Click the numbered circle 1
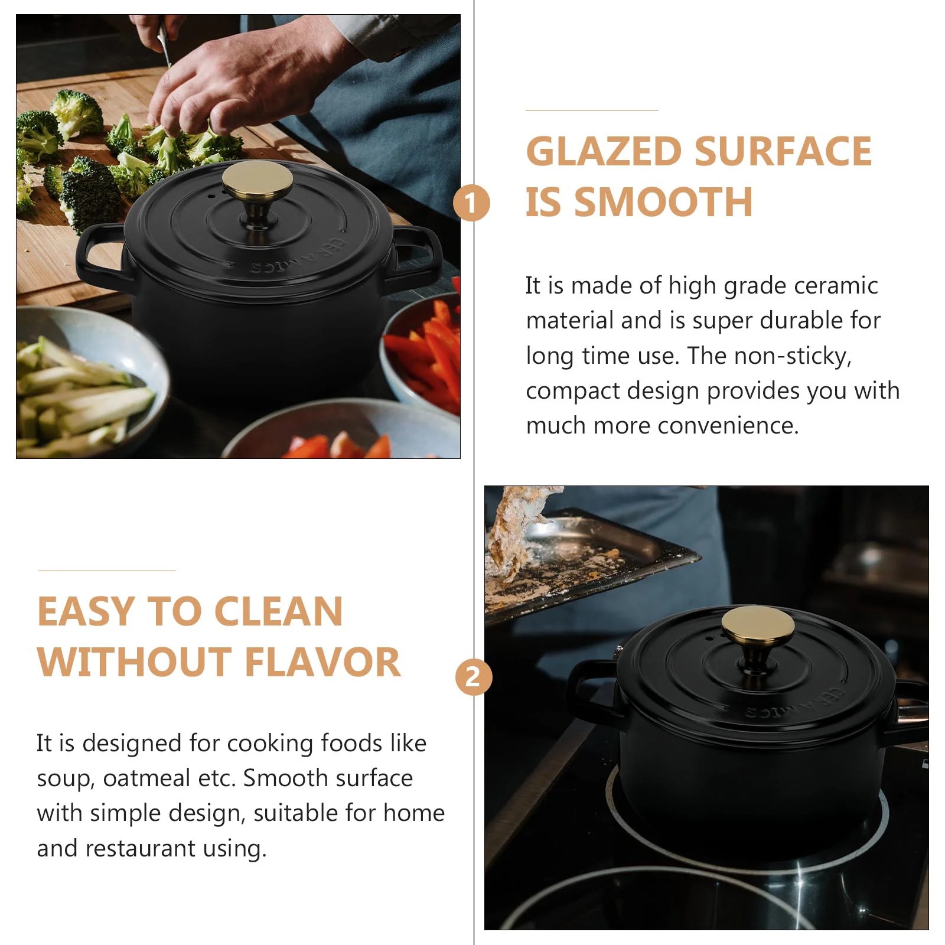471,203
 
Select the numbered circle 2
474,677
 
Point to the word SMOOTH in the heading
664,202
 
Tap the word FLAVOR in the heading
323,662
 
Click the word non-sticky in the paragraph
793,356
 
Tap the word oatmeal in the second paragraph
146,778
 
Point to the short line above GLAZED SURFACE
592,110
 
